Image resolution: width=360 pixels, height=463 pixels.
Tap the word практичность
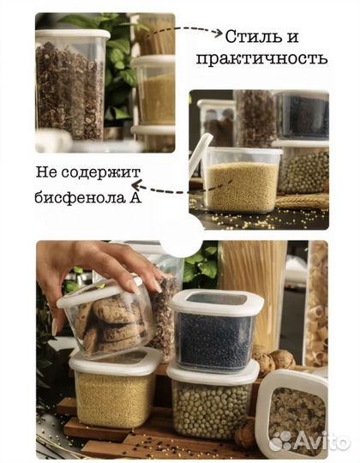pyautogui.click(x=262, y=59)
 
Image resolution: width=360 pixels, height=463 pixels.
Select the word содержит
pyautogui.click(x=100, y=173)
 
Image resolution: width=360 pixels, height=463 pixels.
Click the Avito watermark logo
pyautogui.click(x=309, y=442)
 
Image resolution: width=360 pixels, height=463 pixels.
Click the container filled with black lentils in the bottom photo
pyautogui.click(x=215, y=330)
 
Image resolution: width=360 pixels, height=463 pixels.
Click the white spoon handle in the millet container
pyautogui.click(x=200, y=154)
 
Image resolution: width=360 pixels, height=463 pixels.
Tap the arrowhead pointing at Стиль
pyautogui.click(x=218, y=33)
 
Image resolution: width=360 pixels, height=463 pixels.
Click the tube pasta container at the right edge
pyautogui.click(x=316, y=304)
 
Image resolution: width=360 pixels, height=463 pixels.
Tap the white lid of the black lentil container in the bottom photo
pyautogui.click(x=217, y=303)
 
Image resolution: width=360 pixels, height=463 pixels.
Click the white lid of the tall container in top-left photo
pyautogui.click(x=73, y=35)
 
